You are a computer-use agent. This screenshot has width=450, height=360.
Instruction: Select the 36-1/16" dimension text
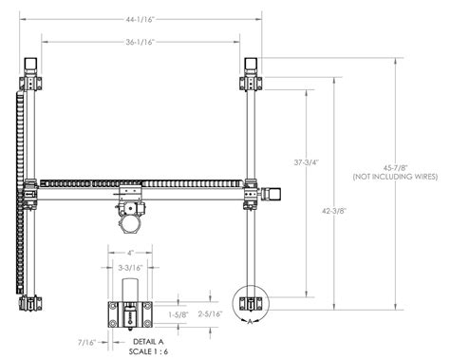(139, 41)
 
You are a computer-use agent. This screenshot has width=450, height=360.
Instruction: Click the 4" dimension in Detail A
(130, 253)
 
